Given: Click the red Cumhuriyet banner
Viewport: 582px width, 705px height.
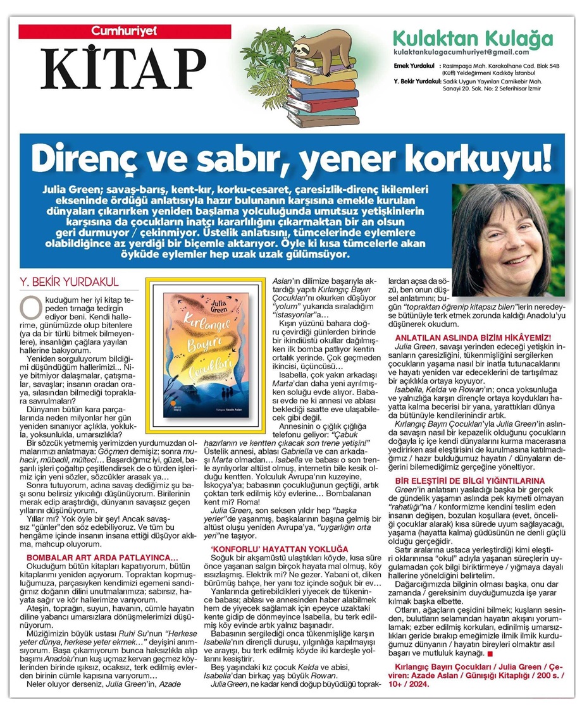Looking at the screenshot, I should (115, 30).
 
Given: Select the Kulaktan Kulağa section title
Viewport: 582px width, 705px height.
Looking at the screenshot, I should (472, 37).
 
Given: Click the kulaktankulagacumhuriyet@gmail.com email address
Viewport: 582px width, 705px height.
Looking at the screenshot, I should (461, 52).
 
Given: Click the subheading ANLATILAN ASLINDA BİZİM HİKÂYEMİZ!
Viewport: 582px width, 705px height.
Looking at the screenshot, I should (474, 339).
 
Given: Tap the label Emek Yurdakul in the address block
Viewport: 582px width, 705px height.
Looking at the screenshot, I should (412, 65).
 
